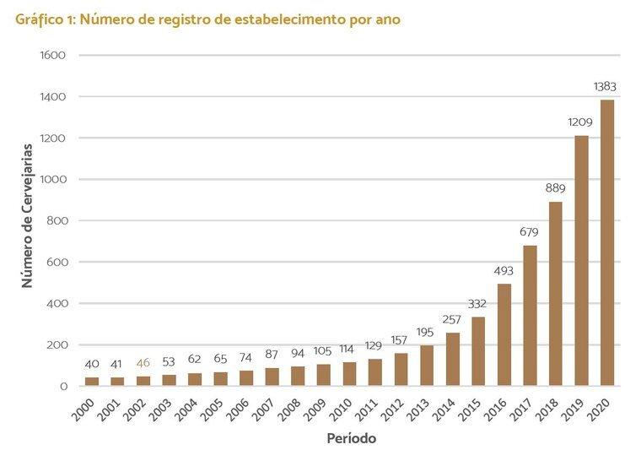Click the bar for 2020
[x=607, y=243]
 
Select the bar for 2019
[x=582, y=261]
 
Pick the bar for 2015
[x=478, y=351]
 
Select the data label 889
[x=556, y=187]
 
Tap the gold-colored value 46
[x=143, y=364]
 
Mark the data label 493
[x=504, y=270]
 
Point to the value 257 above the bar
[x=453, y=318]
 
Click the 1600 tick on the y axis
[x=52, y=56]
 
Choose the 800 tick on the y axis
[x=56, y=221]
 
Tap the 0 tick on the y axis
[x=62, y=387]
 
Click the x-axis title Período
[x=351, y=439]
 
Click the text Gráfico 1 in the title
[x=48, y=19]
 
